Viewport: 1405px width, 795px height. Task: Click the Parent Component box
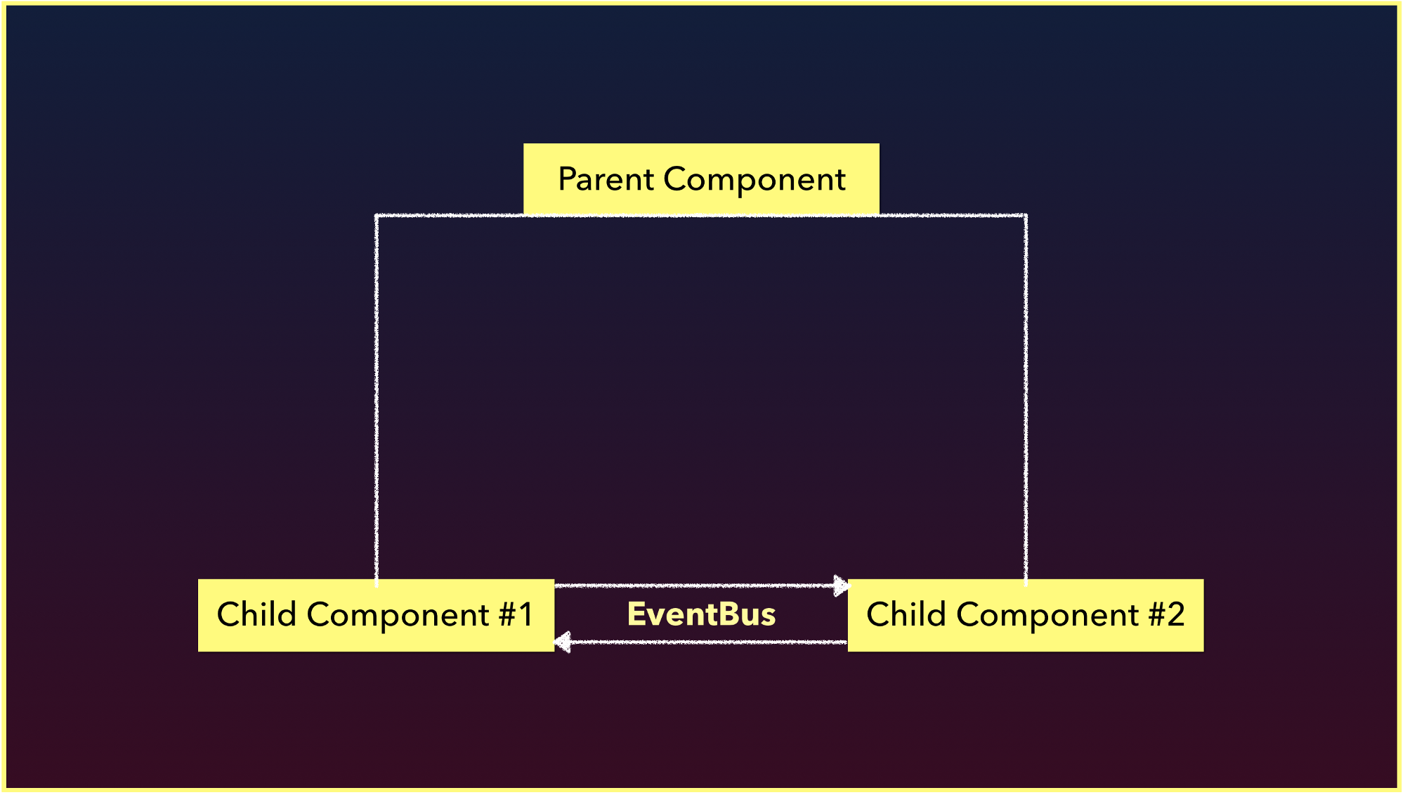(701, 179)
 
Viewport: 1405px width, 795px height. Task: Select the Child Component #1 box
(376, 615)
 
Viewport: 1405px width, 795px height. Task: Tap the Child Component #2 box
(1026, 615)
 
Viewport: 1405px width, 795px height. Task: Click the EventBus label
(701, 614)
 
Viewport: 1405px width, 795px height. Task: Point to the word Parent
(606, 179)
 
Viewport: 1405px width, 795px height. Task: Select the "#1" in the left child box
(516, 614)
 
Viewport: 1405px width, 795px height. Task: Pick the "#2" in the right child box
(1167, 614)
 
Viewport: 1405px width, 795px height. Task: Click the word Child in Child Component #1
(256, 614)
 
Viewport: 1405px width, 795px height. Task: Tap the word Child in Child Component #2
(906, 614)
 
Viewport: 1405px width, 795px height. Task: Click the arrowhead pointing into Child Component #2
(841, 586)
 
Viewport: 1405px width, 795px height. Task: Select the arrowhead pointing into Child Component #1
(562, 642)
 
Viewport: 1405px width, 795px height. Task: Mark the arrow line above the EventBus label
(702, 586)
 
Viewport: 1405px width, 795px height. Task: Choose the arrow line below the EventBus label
(701, 642)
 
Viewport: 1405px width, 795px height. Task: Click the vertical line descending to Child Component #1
(377, 399)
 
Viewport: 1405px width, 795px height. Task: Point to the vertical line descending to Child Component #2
(1026, 399)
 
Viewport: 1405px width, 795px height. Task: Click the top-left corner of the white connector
(377, 216)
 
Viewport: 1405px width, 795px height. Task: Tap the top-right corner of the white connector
(1026, 216)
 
